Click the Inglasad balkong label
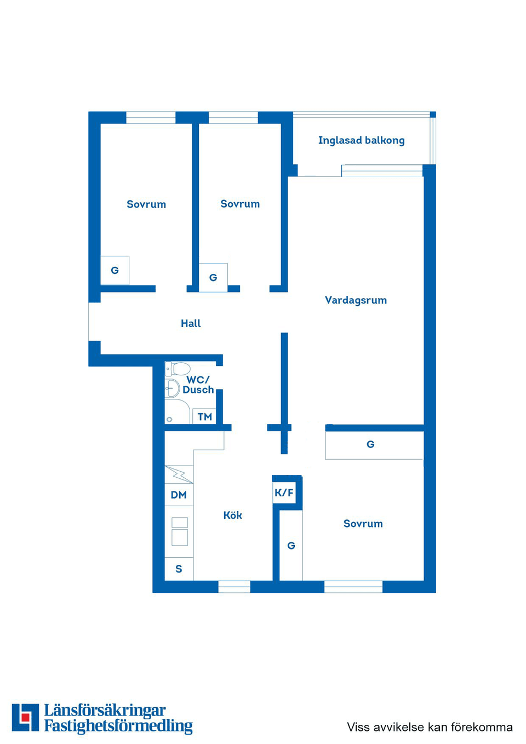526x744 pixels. [361, 140]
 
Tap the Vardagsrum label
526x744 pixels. [356, 300]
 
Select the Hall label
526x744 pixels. [191, 323]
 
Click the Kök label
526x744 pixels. [232, 515]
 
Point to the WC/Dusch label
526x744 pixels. [198, 385]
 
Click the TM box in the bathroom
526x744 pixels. [205, 416]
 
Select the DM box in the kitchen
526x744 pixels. [179, 495]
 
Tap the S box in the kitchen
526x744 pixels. [179, 569]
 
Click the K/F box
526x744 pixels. [284, 493]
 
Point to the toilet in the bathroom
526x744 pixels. [179, 369]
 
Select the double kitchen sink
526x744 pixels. [180, 531]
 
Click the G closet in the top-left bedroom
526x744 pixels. [115, 270]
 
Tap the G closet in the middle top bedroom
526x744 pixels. [213, 277]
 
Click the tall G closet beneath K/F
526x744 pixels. [291, 546]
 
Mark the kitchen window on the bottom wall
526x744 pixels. [234, 587]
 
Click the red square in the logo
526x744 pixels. [25, 717]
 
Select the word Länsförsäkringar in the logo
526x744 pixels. [105, 711]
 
